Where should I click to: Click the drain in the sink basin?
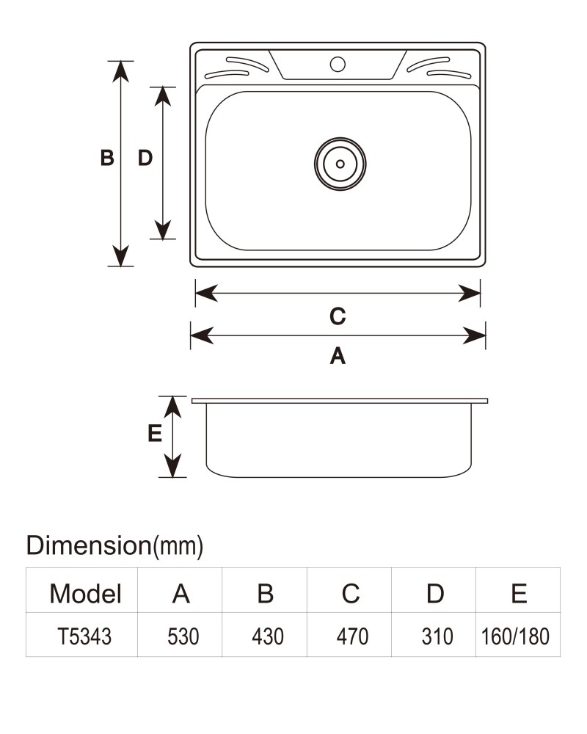(340, 164)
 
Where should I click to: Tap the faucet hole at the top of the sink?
(338, 64)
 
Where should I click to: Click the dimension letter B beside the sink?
(107, 158)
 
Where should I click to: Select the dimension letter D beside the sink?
(145, 158)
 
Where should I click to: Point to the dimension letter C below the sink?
(338, 316)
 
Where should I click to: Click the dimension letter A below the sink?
(338, 356)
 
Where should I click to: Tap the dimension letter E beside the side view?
(155, 433)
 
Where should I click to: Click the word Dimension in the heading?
(89, 545)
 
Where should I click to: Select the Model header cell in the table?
(85, 594)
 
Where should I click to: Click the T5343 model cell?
(84, 636)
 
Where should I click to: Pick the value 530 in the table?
(183, 636)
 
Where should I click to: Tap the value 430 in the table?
(267, 636)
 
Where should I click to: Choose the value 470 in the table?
(352, 636)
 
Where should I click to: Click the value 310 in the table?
(437, 636)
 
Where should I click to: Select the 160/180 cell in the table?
(515, 636)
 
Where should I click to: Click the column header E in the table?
(519, 594)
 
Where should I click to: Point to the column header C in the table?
(351, 594)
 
